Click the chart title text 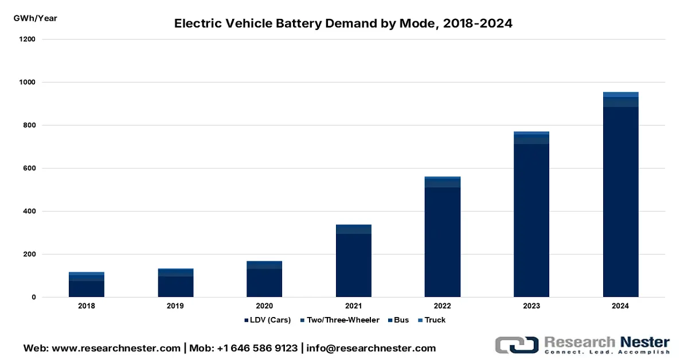click(343, 24)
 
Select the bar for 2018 click(87, 285)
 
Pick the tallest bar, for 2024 click(620, 195)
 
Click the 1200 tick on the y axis click(28, 40)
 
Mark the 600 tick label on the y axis click(30, 169)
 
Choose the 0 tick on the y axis click(34, 298)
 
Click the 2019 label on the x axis click(175, 306)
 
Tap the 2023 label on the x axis click(531, 306)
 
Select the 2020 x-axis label click(264, 306)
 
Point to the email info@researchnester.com click(371, 348)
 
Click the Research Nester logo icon click(516, 345)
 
